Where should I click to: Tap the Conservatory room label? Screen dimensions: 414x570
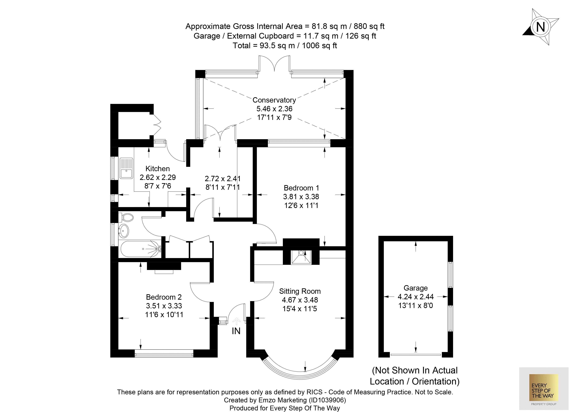pos(274,100)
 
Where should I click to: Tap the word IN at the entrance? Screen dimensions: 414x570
pos(236,331)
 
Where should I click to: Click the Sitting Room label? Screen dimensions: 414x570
pos(300,291)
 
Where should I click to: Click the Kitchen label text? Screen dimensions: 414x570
pos(158,168)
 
